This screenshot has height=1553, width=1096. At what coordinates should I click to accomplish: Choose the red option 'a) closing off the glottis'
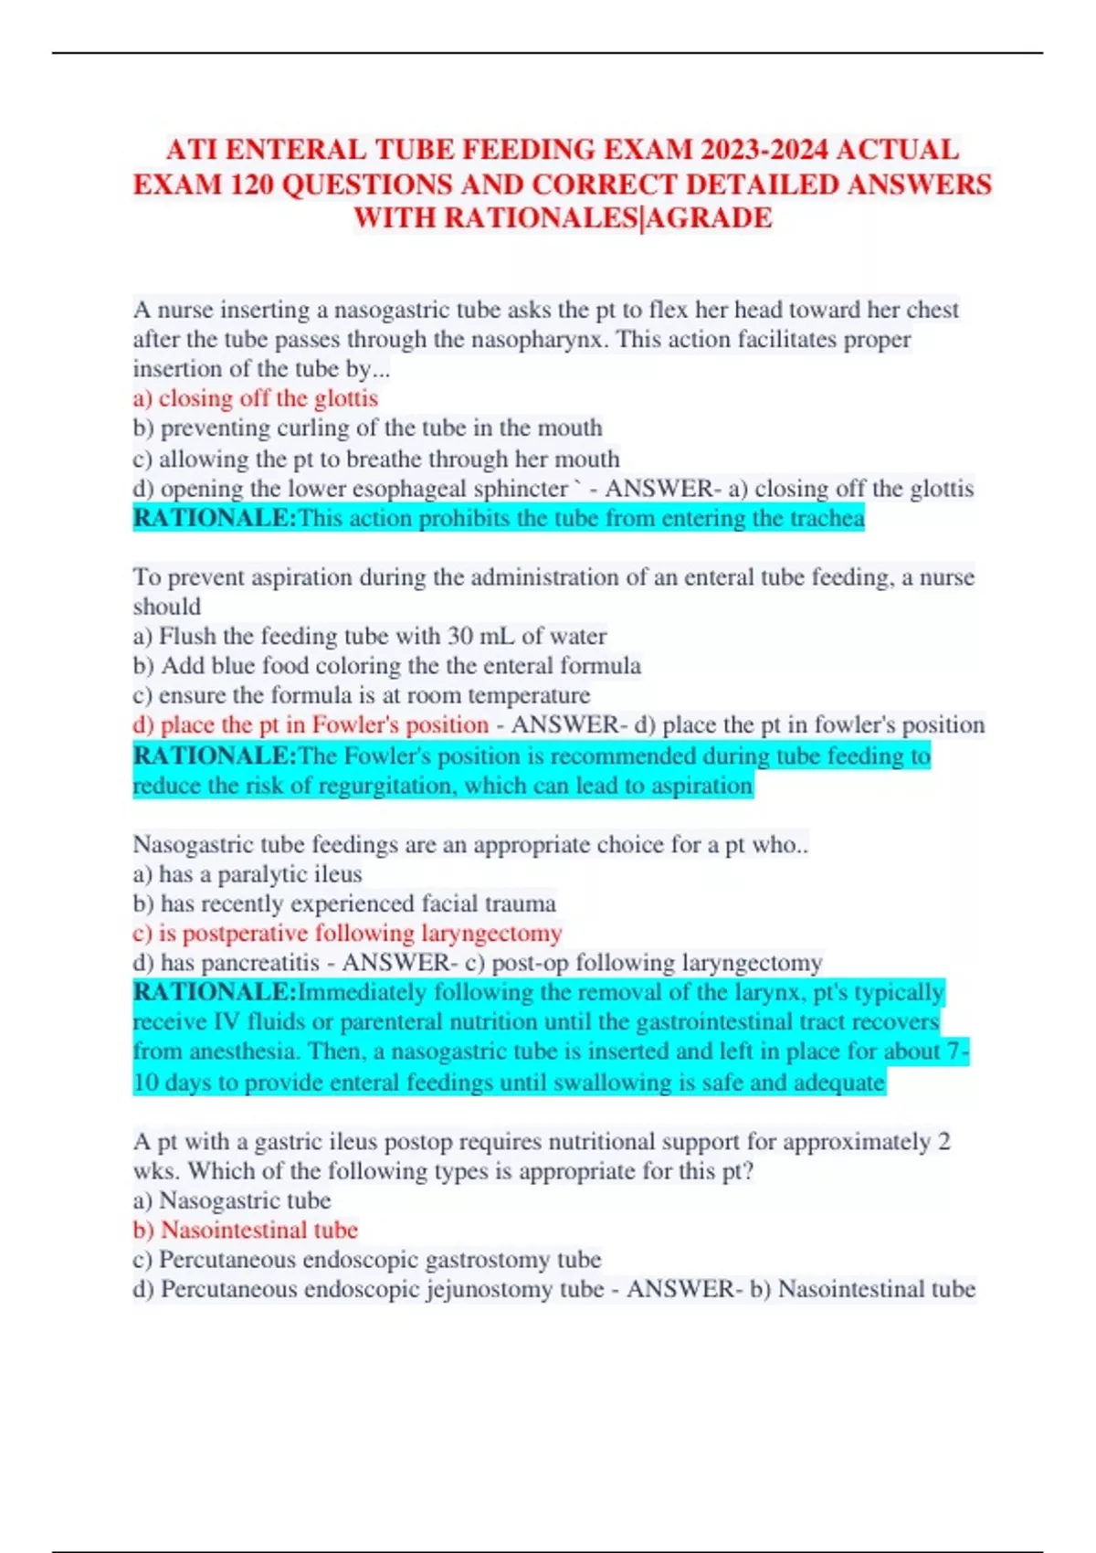click(x=255, y=398)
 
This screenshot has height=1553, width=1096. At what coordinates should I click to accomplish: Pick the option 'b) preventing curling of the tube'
click(x=367, y=428)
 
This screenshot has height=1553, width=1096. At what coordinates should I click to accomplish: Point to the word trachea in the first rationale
click(x=827, y=519)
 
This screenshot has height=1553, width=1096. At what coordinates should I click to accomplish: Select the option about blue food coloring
click(x=386, y=666)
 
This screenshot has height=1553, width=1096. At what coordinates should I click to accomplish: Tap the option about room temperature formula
click(x=361, y=696)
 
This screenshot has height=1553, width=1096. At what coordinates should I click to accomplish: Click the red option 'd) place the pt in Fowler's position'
click(x=311, y=725)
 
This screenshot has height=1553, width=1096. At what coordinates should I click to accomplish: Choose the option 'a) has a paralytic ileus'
click(x=248, y=875)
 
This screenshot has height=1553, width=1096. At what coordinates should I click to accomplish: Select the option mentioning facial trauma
click(x=344, y=904)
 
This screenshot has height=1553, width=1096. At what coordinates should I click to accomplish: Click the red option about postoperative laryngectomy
click(x=347, y=934)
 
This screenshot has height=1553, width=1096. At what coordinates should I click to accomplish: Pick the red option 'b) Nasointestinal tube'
click(x=245, y=1231)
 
